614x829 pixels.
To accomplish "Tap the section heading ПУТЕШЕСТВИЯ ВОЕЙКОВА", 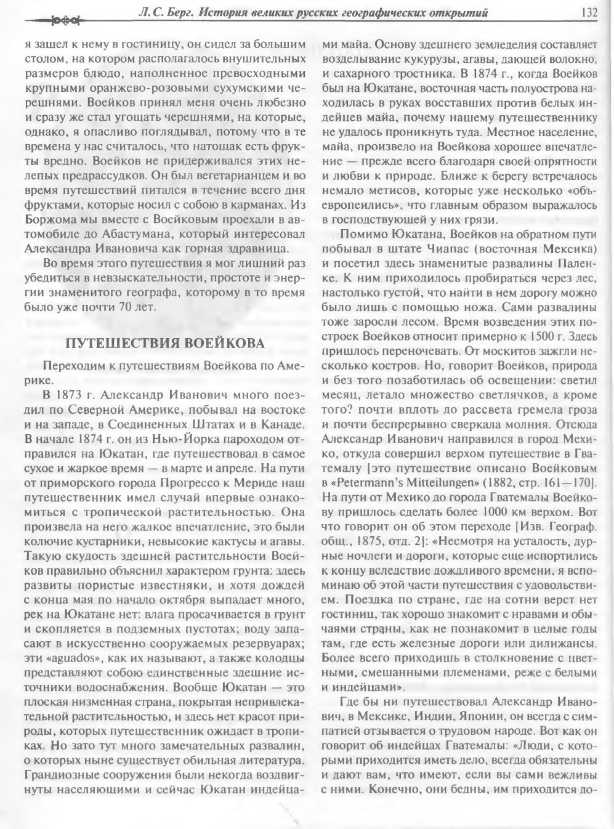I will click(164, 342).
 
